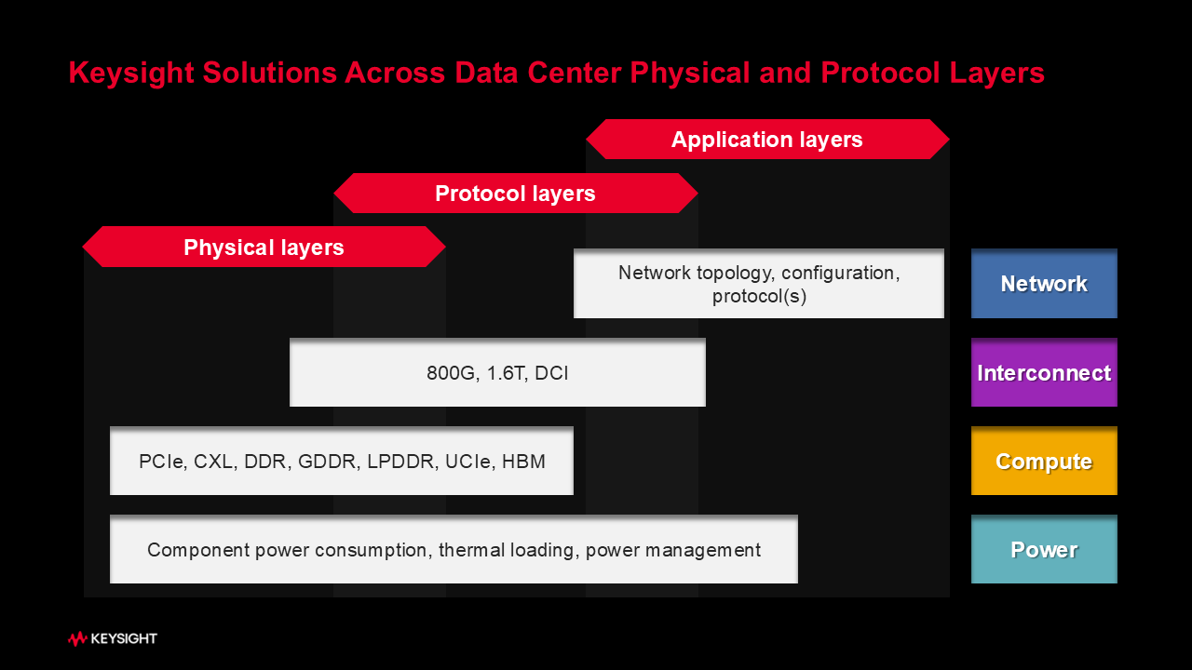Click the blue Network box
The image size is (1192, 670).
click(1044, 284)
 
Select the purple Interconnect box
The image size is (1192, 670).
click(1044, 372)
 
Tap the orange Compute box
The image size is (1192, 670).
click(1044, 461)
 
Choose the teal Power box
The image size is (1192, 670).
click(1044, 549)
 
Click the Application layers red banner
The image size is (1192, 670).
click(767, 140)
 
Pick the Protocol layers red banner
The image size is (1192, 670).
click(515, 193)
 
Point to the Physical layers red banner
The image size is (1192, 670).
click(264, 247)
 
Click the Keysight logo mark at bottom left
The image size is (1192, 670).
click(77, 638)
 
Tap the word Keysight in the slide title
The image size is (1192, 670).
click(131, 73)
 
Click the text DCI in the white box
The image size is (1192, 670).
click(551, 373)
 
